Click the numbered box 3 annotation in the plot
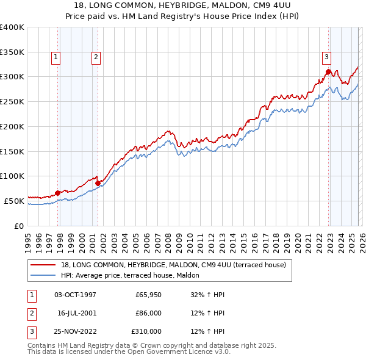click(x=326, y=57)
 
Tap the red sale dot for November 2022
click(x=328, y=72)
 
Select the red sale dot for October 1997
click(x=58, y=193)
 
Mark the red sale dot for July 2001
click(x=98, y=182)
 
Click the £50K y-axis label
click(x=14, y=201)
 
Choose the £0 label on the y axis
click(x=19, y=226)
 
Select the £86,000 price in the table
click(x=148, y=313)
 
